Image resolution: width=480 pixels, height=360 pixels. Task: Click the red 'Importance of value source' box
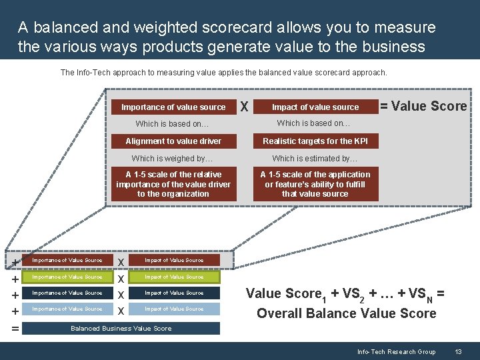click(x=173, y=107)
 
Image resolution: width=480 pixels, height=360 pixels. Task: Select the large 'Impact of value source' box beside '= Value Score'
click(x=315, y=107)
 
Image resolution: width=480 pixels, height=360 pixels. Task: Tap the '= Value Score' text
click(x=423, y=106)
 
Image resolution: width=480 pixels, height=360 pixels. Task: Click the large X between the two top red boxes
click(x=245, y=107)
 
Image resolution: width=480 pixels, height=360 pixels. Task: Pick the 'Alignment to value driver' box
click(x=173, y=141)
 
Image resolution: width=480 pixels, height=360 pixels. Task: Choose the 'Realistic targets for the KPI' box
click(x=315, y=141)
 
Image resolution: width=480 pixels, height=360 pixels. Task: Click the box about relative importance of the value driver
click(x=173, y=184)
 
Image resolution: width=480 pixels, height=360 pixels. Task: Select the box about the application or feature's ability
click(x=315, y=184)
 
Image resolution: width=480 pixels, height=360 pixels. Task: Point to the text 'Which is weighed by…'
click(x=172, y=159)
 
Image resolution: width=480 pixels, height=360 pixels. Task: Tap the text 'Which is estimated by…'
click(x=315, y=159)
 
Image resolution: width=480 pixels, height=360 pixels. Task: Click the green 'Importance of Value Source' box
click(x=67, y=277)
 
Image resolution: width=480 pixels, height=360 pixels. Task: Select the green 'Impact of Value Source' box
click(x=174, y=277)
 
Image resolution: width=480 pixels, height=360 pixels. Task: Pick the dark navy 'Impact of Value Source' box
click(x=174, y=293)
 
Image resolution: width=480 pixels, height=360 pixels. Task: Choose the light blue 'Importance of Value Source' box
click(x=67, y=309)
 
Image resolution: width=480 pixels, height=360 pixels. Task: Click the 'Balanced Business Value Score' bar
click(x=121, y=328)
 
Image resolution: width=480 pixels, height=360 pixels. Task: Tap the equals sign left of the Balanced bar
click(x=15, y=328)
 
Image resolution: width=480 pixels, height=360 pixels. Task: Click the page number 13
click(x=458, y=351)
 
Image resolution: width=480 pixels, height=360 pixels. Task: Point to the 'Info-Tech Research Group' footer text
click(x=396, y=351)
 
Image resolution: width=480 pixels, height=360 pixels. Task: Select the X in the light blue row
click(x=121, y=311)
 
